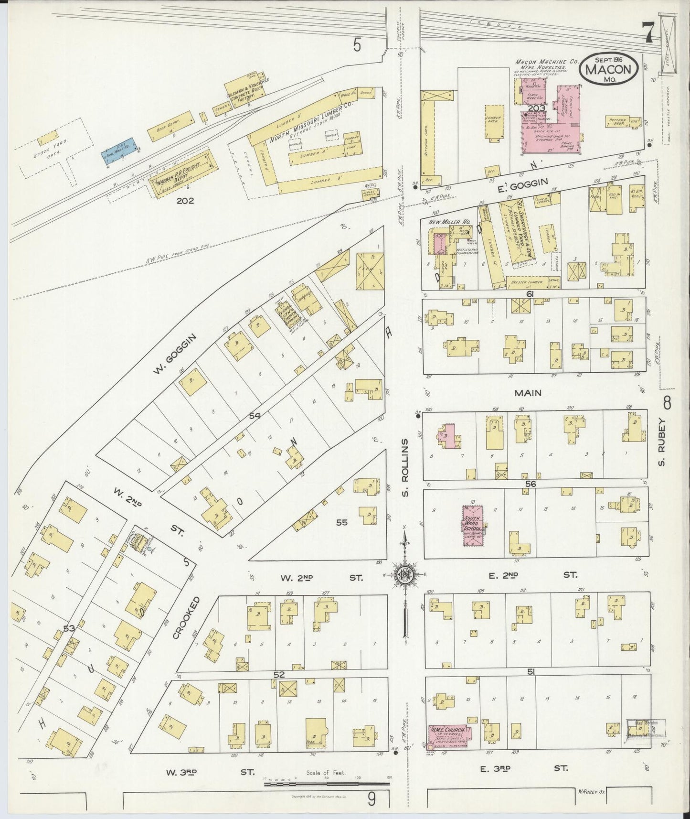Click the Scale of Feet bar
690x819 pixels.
[327, 784]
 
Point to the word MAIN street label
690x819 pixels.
[528, 393]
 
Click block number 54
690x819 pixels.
[255, 417]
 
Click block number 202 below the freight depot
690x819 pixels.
[185, 201]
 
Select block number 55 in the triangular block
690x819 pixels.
[341, 523]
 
